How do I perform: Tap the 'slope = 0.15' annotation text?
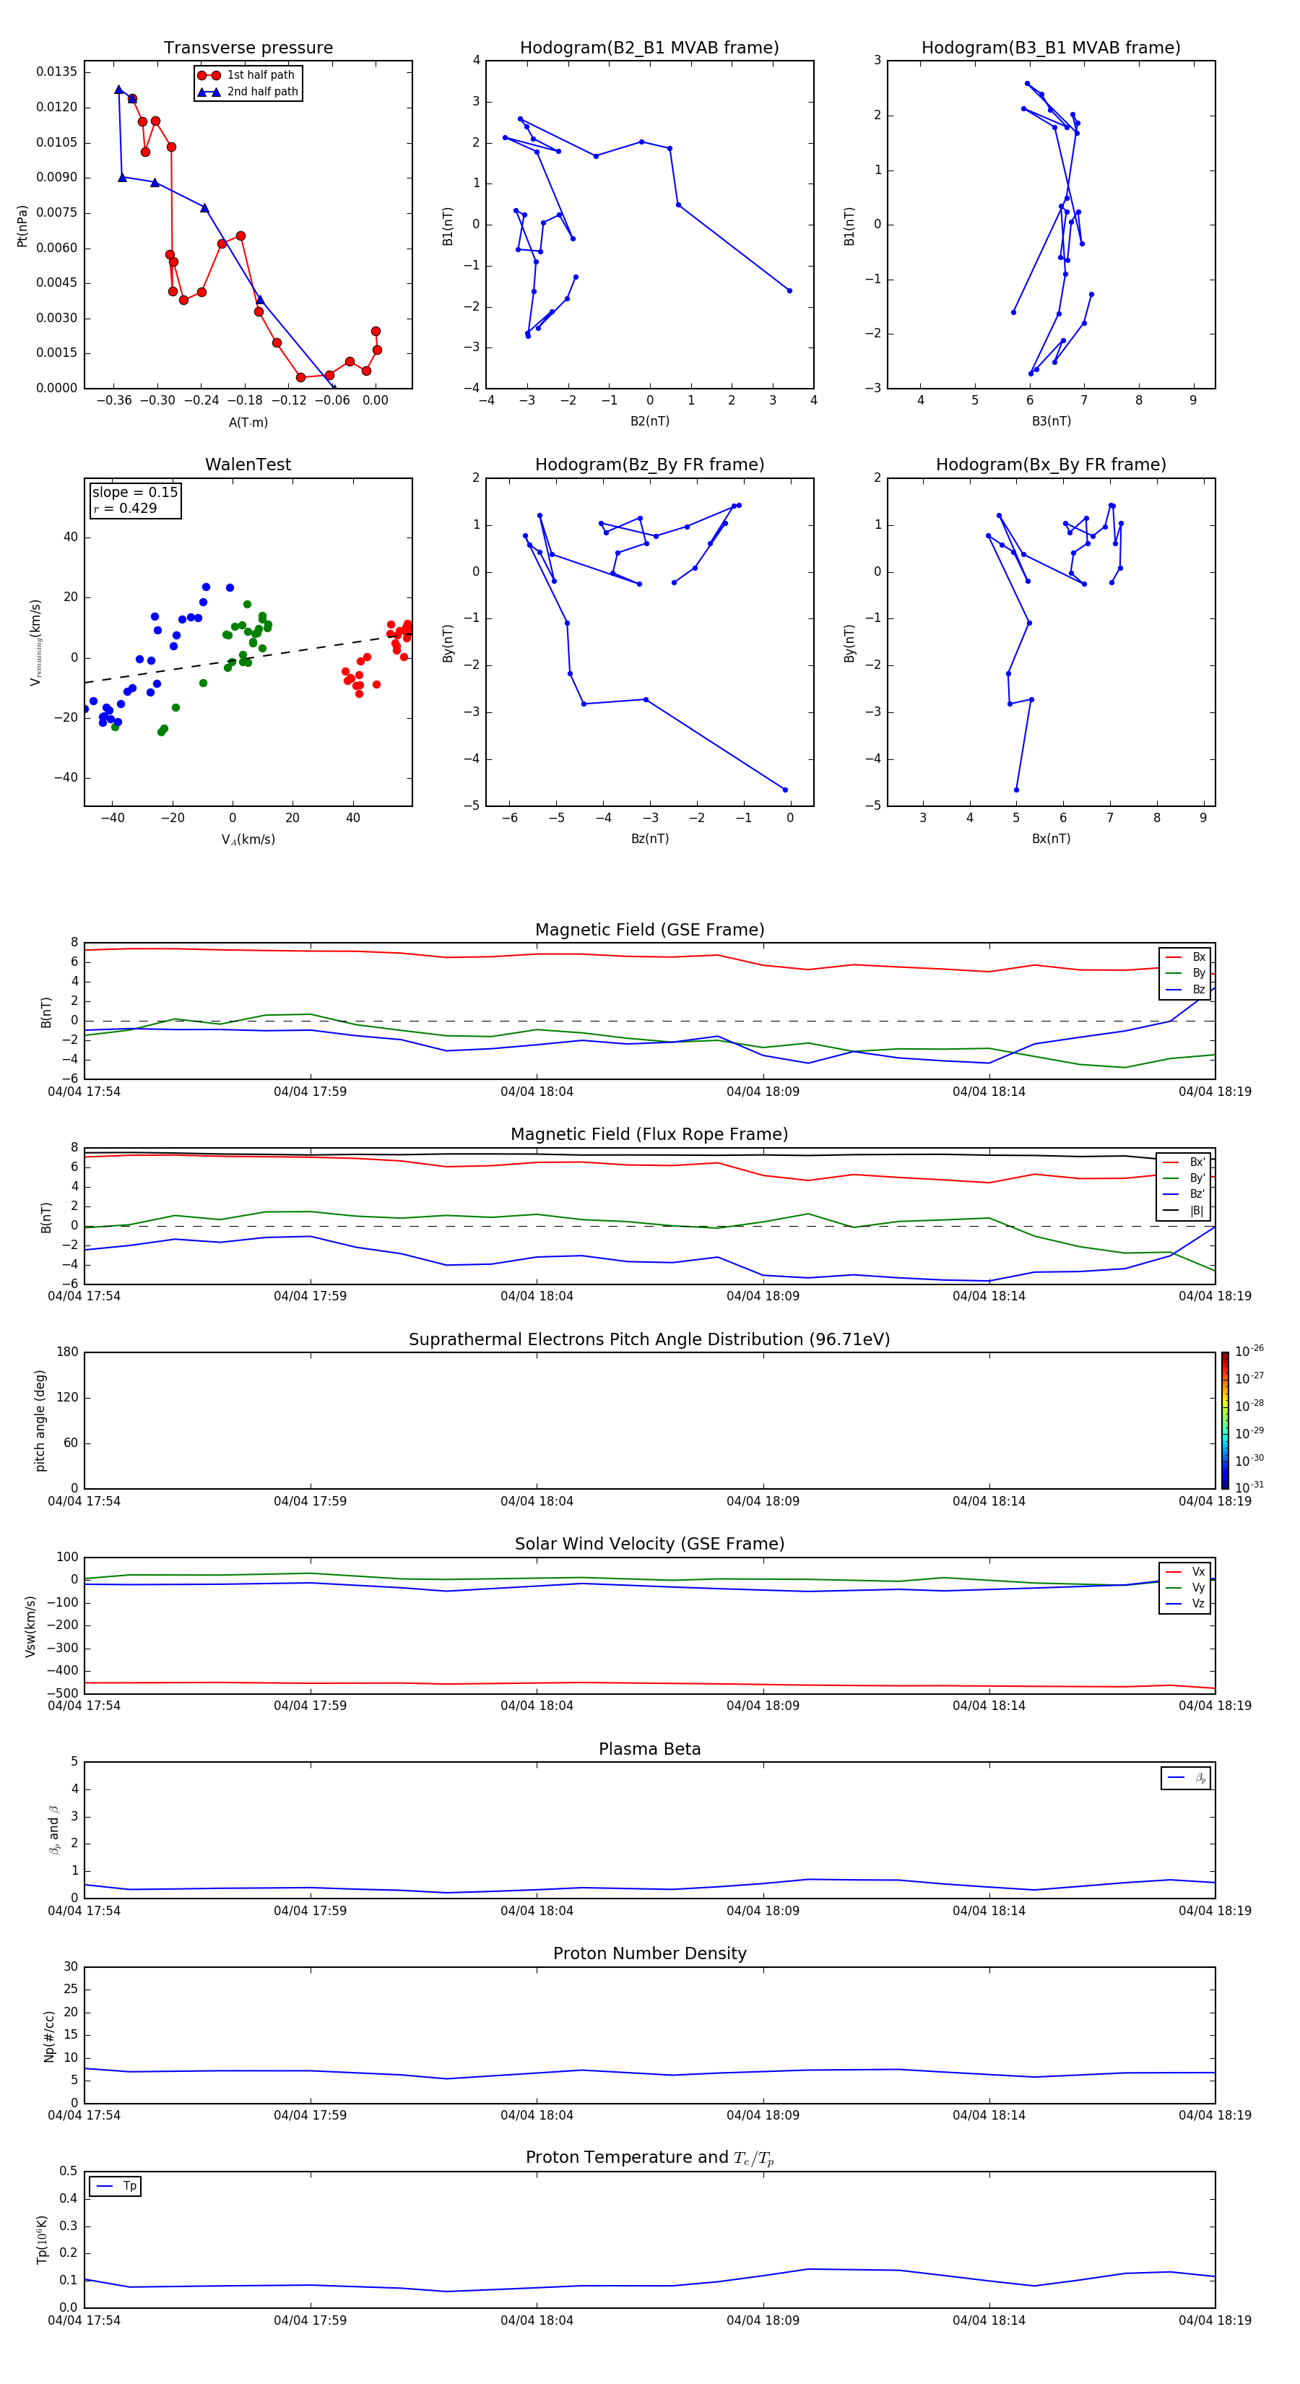tap(134, 493)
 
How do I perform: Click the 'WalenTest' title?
tap(248, 465)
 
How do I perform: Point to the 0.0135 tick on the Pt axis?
tap(56, 72)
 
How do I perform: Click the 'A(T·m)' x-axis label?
tap(248, 422)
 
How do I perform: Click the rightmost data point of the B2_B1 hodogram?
tap(789, 290)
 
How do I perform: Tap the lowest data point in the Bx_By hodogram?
tap(1016, 790)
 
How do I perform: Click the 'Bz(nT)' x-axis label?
tap(649, 839)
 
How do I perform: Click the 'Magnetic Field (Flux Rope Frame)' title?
tap(649, 1135)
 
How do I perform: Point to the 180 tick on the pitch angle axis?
tap(66, 1352)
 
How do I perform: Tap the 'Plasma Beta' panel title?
tap(649, 1749)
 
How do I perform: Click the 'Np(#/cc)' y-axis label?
tap(50, 2035)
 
